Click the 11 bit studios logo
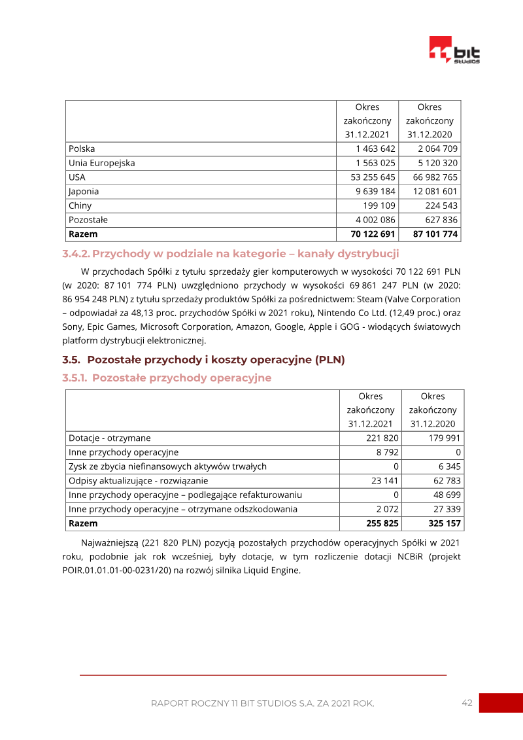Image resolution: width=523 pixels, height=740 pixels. [454, 50]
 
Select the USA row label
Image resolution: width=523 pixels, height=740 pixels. [77, 177]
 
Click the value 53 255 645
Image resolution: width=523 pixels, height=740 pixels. [373, 177]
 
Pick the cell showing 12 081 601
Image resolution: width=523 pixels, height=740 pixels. [432, 191]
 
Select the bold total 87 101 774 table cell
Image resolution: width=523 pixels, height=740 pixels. [432, 234]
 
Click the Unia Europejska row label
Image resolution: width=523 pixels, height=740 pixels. [101, 163]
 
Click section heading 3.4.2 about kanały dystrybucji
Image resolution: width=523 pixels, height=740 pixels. [230, 254]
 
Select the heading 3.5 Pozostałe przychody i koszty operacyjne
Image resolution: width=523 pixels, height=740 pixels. [203, 359]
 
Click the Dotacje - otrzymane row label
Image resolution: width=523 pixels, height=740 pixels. [110, 438]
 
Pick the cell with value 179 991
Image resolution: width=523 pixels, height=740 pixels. [445, 438]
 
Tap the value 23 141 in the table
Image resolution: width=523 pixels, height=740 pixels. [385, 481]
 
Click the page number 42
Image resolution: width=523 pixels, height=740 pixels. [467, 703]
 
